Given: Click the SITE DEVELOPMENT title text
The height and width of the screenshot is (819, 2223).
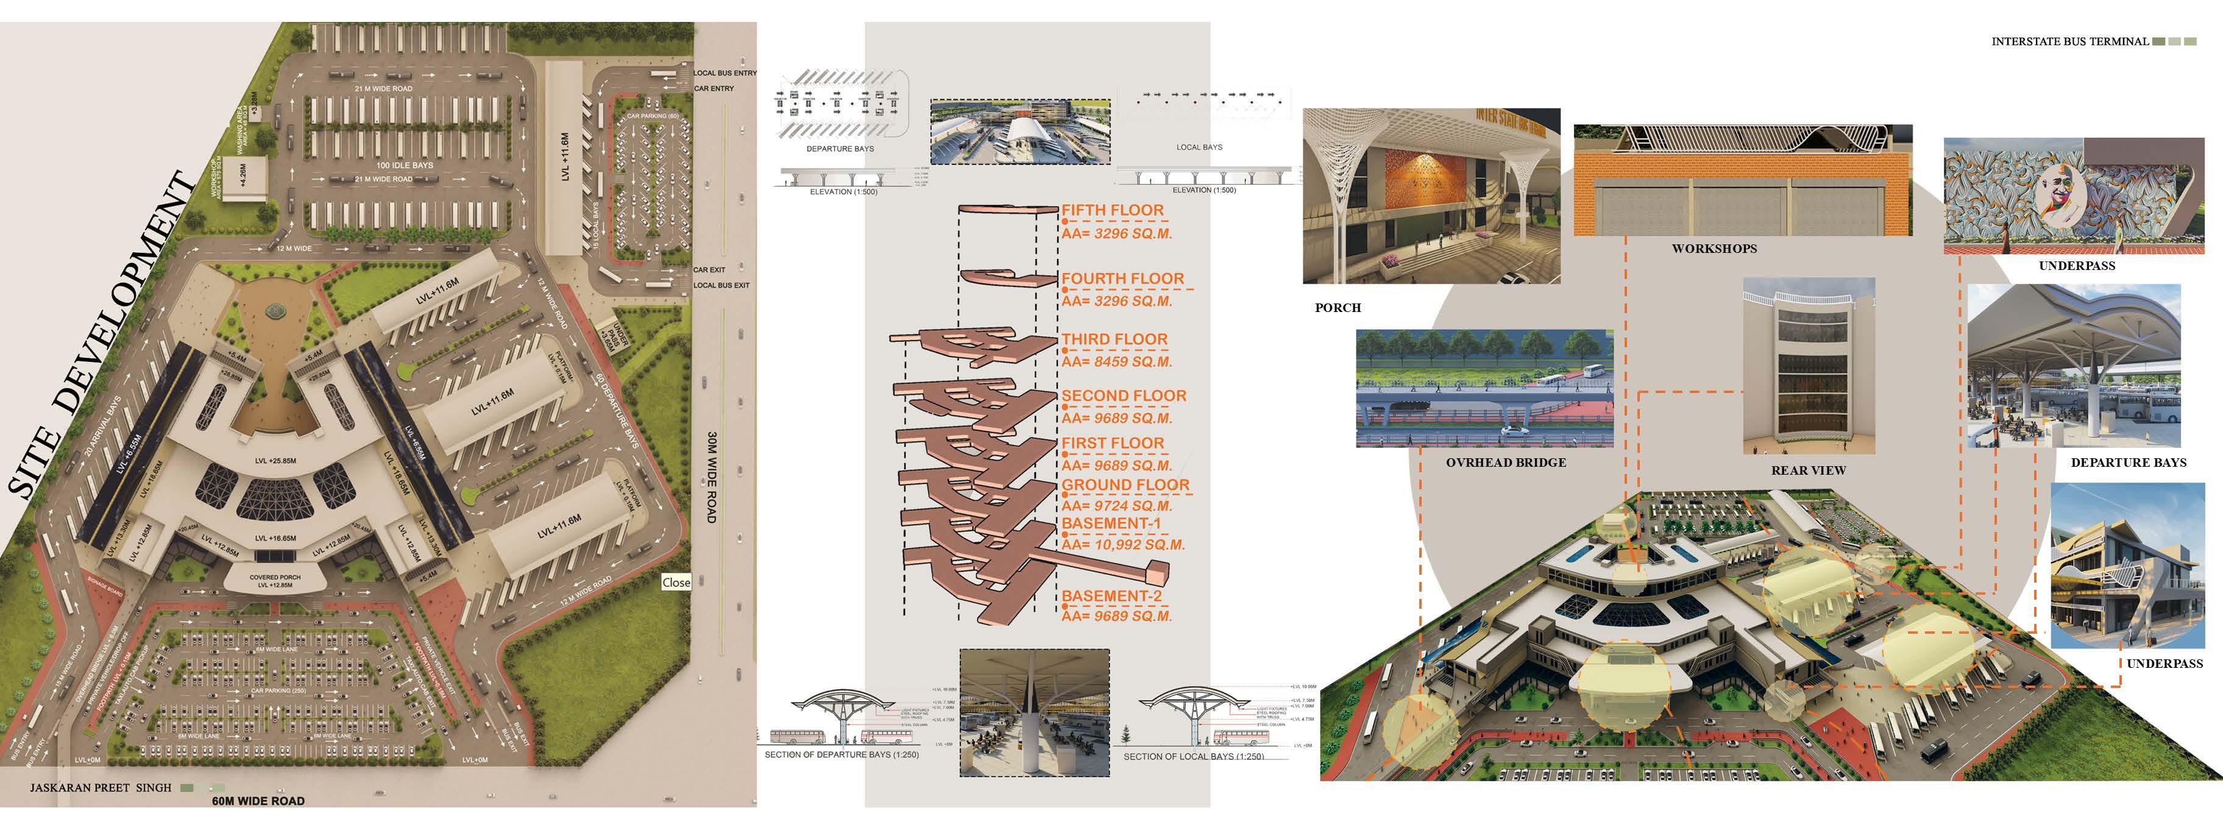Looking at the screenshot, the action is pyautogui.click(x=99, y=336).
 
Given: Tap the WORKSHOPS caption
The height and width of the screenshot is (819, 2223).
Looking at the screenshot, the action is pyautogui.click(x=1714, y=249).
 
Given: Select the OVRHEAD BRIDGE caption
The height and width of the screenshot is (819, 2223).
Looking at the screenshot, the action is pyautogui.click(x=1506, y=463).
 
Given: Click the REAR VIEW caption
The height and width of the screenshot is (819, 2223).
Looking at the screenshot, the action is pyautogui.click(x=1808, y=470).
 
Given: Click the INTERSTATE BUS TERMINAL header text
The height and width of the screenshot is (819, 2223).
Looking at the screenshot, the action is pyautogui.click(x=2069, y=41).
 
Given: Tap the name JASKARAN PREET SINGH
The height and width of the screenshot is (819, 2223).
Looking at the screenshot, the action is pyautogui.click(x=101, y=788).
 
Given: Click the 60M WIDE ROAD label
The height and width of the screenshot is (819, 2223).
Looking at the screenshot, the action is pyautogui.click(x=258, y=801).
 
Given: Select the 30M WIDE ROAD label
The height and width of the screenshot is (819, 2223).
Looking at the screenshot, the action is pyautogui.click(x=712, y=477).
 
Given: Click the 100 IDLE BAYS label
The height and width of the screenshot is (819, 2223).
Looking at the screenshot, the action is pyautogui.click(x=405, y=165).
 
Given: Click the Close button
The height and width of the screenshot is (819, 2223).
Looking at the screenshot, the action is pyautogui.click(x=676, y=583).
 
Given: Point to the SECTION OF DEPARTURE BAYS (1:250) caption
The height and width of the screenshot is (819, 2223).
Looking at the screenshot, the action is pyautogui.click(x=842, y=755).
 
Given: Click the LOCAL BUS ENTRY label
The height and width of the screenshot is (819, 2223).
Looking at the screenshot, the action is pyautogui.click(x=725, y=73).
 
